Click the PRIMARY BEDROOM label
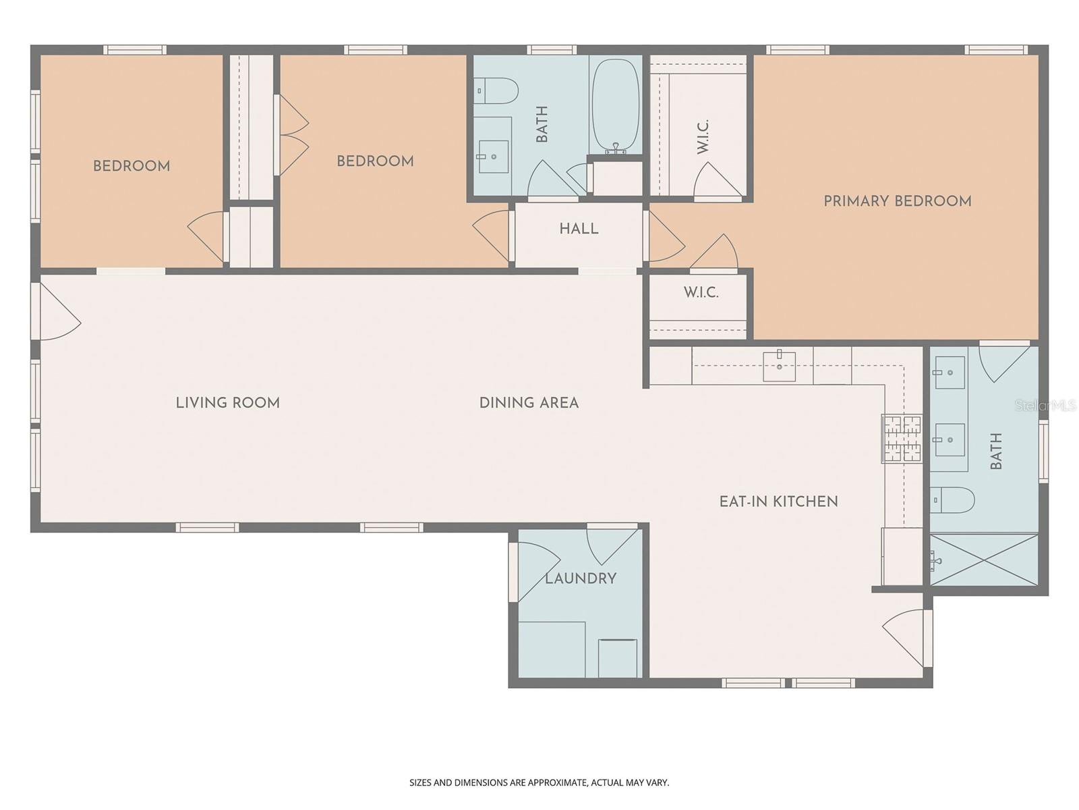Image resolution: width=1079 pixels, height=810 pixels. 897,201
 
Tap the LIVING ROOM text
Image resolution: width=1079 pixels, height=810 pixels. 227,403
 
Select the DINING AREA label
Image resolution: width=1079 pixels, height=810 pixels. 529,403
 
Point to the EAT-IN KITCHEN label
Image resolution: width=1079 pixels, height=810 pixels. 778,502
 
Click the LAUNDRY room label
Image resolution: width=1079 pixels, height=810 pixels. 581,578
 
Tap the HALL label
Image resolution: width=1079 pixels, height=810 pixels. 579,229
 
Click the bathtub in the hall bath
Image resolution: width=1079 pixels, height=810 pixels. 615,107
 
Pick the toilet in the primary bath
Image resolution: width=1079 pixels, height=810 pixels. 953,500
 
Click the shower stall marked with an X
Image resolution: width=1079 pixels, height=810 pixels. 985,560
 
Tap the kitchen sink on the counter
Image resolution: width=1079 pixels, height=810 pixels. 779,367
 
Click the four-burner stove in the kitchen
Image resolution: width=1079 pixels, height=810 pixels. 902,439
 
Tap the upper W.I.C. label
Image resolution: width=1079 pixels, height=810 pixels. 703,136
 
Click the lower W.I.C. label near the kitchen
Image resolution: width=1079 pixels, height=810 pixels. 701,292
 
